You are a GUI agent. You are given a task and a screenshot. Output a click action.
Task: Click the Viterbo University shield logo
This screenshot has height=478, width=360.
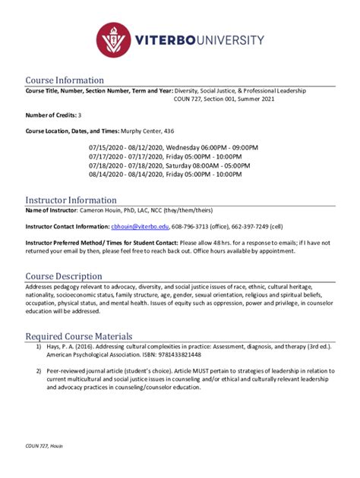point(116,40)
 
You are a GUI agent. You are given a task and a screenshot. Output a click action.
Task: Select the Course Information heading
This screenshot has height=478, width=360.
point(65,80)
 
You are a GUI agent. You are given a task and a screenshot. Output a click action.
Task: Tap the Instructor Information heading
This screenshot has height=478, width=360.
point(71,200)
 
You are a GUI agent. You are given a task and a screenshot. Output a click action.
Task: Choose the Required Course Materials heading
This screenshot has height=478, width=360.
point(79,335)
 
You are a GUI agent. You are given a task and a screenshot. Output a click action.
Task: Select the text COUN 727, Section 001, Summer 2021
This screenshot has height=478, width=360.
point(231,99)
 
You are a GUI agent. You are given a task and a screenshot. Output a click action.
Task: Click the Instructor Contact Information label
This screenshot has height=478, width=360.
point(67,226)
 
